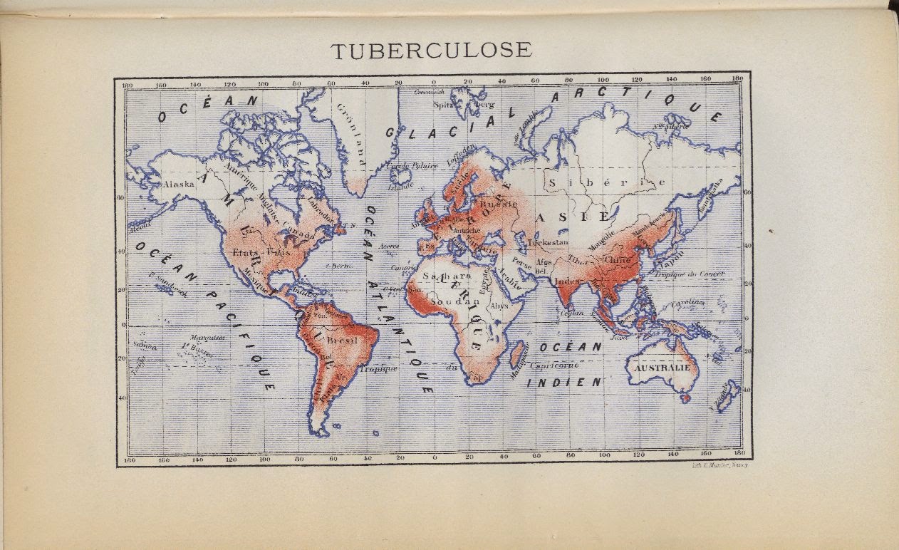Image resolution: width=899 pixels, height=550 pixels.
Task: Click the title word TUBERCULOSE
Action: (432, 50)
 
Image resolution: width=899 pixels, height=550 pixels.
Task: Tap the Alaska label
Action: (178, 183)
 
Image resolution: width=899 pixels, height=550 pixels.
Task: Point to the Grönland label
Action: (351, 135)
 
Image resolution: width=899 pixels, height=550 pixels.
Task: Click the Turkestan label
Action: (549, 242)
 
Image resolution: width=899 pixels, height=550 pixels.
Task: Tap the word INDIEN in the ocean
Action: (564, 383)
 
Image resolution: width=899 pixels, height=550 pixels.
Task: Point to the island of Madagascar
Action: (518, 353)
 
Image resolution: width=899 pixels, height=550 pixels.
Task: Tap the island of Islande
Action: (400, 175)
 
